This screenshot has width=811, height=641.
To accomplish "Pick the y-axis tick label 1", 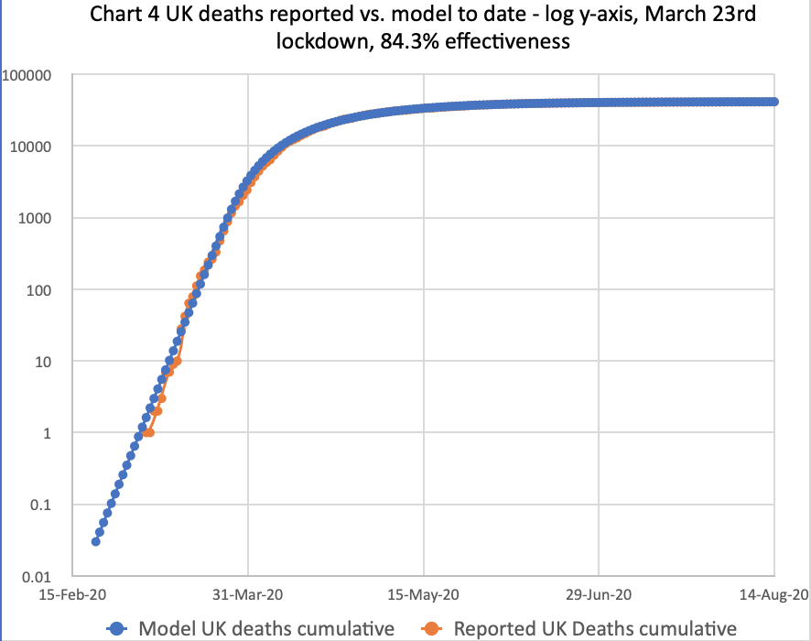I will [x=54, y=432].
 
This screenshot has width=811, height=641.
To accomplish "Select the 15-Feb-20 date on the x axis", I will [x=72, y=594].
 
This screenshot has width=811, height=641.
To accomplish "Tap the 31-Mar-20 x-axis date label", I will [x=248, y=594].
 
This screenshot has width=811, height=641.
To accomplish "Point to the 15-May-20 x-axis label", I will [x=424, y=594].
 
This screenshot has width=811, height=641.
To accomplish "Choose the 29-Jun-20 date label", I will [x=599, y=594].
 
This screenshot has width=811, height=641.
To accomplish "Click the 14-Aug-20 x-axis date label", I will [x=773, y=594].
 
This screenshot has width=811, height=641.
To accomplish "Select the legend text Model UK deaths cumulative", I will [x=266, y=628].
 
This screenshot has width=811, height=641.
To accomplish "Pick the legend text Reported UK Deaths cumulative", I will [x=595, y=628].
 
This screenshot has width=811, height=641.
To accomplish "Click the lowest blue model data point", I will [x=95, y=541].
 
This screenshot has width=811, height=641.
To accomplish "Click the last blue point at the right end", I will [x=774, y=102].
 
